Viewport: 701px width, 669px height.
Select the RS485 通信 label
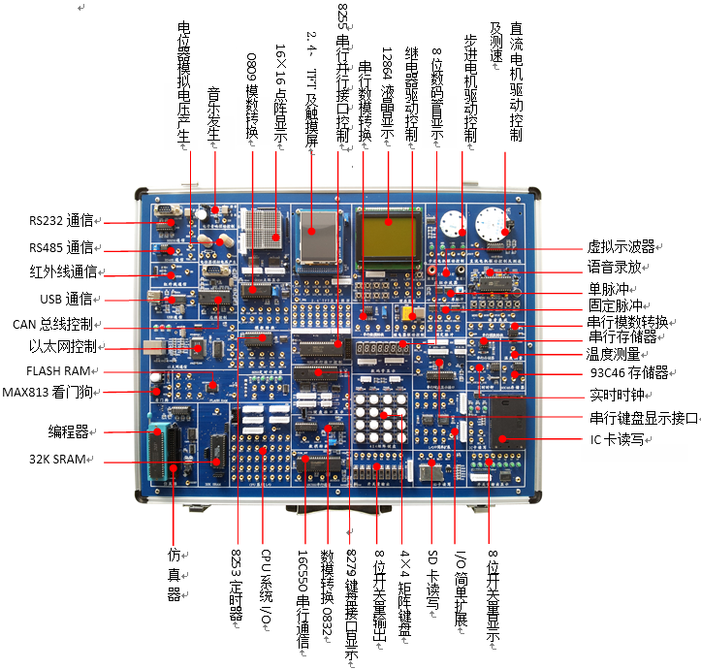coord(60,246)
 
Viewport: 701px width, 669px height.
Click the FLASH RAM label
coord(59,370)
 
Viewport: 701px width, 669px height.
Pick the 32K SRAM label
coord(60,458)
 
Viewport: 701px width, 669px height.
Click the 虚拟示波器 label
coord(621,246)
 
